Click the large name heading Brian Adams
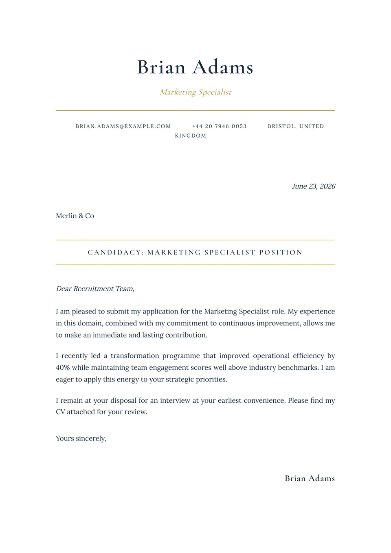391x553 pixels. tap(195, 67)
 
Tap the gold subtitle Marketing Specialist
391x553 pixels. tap(195, 92)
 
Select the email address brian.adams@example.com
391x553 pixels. tap(123, 126)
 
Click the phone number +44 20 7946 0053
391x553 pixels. tap(219, 126)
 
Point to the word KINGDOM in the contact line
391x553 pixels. tap(191, 136)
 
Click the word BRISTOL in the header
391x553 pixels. tap(281, 126)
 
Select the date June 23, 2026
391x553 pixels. tap(313, 186)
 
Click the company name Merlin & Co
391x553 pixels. tap(75, 216)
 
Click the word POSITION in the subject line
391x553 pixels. tap(281, 252)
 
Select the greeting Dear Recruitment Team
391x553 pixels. tap(95, 289)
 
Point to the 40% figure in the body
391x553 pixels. tap(63, 367)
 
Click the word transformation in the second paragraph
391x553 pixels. tap(135, 355)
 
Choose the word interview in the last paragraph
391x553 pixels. tap(175, 400)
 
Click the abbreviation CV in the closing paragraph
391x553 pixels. tap(60, 412)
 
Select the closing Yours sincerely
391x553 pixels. tap(81, 438)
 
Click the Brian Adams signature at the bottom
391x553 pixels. tap(310, 478)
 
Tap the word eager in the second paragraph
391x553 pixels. tap(64, 379)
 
